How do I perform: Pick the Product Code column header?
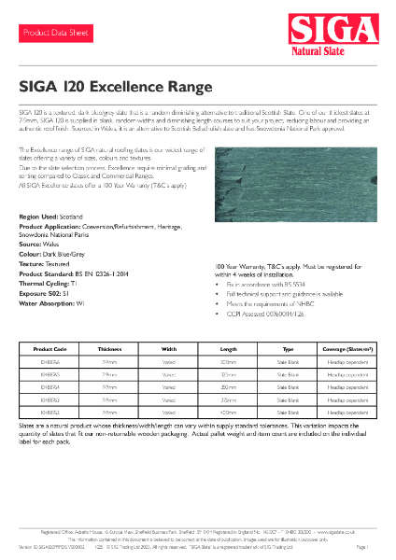(x=49, y=346)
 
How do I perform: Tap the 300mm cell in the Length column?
(x=229, y=359)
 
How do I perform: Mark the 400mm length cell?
(x=229, y=409)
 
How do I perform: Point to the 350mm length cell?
(x=229, y=384)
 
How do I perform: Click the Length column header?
(x=229, y=346)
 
